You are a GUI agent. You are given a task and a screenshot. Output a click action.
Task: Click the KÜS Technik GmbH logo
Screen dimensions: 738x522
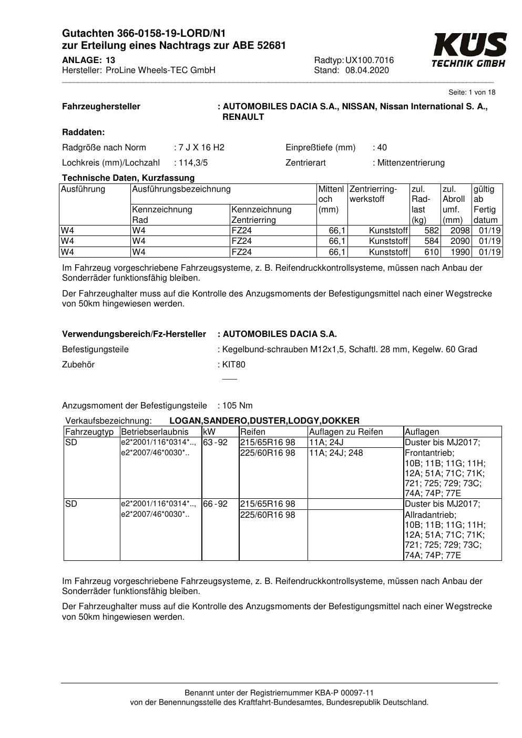click(469, 49)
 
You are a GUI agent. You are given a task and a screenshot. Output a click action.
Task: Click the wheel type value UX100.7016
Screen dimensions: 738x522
click(370, 60)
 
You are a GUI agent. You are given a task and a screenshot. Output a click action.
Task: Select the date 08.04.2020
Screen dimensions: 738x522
click(367, 70)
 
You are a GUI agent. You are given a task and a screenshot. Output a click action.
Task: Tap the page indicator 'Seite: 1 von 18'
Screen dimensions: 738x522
click(472, 93)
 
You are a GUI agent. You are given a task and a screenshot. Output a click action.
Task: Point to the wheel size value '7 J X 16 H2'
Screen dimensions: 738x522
click(201, 148)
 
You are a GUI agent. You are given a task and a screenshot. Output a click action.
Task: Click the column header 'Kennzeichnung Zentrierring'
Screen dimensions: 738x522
click(261, 215)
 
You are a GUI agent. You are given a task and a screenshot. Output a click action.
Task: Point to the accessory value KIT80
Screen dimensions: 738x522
click(234, 365)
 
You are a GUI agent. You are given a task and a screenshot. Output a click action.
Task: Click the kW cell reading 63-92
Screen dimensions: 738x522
click(216, 443)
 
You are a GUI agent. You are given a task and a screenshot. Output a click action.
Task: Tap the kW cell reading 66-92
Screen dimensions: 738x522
click(216, 504)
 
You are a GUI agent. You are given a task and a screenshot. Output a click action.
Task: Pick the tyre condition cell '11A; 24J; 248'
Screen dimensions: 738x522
click(336, 453)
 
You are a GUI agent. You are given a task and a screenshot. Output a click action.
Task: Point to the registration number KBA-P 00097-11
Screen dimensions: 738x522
click(339, 693)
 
